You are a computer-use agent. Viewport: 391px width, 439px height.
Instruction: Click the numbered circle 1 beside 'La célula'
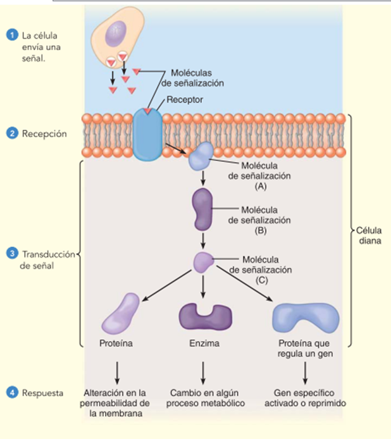(9, 35)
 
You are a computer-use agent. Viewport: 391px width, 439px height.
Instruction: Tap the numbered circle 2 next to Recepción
(9, 134)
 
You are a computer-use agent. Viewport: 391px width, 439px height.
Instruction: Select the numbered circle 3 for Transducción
(9, 254)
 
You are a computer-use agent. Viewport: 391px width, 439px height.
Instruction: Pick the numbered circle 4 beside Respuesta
(9, 393)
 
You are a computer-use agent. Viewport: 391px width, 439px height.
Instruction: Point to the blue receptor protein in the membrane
(148, 135)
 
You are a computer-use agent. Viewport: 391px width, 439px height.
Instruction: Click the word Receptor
(184, 100)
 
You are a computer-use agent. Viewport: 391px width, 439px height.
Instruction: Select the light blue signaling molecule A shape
(202, 156)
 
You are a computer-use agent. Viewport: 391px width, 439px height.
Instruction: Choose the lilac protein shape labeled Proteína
(121, 313)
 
